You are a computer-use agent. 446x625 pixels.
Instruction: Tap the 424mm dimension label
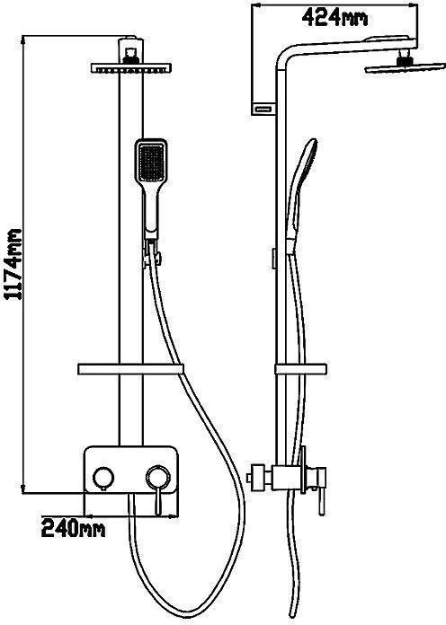point(334,18)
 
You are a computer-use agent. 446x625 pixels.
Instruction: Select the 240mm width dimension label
point(74,529)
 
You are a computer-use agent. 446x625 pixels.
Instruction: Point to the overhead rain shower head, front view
point(131,67)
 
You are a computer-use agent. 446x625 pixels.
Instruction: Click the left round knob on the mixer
point(103,477)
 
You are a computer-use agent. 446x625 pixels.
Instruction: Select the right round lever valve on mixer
point(158,476)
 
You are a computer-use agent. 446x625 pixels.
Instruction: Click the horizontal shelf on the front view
point(130,369)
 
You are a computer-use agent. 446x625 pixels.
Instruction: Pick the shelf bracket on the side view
point(300,369)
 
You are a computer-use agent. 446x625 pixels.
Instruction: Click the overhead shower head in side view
point(406,69)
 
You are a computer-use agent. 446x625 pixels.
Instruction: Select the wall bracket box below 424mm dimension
point(263,109)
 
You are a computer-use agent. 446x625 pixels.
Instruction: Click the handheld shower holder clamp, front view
point(151,256)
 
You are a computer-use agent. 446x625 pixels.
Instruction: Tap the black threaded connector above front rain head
point(131,57)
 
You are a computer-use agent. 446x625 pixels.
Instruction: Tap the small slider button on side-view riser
point(274,259)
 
